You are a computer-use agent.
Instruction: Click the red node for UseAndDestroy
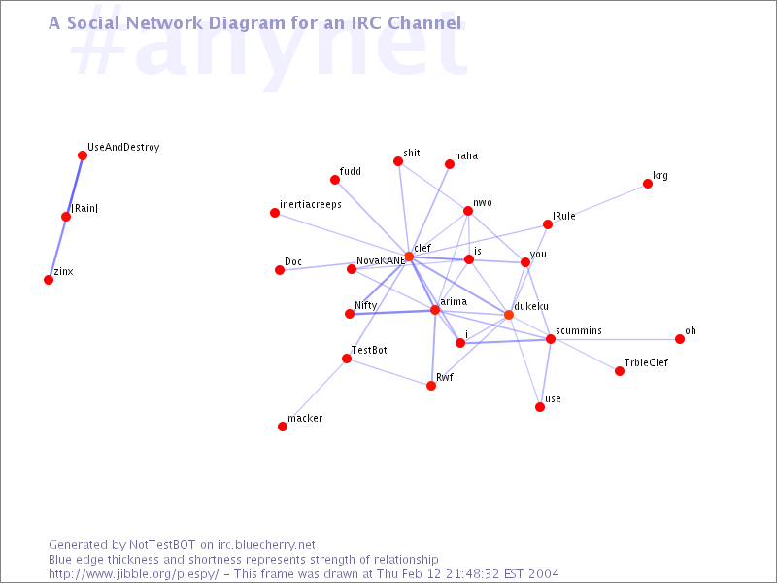(83, 154)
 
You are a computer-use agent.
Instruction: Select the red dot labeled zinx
(49, 280)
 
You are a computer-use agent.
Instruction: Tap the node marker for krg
(648, 184)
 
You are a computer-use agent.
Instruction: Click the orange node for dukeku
(509, 314)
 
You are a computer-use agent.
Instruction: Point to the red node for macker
(283, 427)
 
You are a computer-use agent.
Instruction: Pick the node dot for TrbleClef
(620, 371)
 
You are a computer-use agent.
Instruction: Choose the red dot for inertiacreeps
(275, 213)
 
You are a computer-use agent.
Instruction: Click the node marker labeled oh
(680, 339)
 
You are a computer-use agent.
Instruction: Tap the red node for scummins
(551, 339)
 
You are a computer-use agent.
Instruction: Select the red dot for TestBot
(347, 359)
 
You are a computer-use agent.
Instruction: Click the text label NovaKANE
(381, 260)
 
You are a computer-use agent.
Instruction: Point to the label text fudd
(351, 171)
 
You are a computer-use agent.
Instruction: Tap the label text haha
(466, 155)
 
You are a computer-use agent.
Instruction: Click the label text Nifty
(366, 305)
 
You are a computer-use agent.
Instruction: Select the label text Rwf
(445, 376)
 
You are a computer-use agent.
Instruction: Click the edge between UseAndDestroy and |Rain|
(75, 185)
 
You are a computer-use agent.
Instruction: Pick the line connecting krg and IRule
(597, 204)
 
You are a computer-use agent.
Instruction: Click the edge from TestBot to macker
(315, 393)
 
